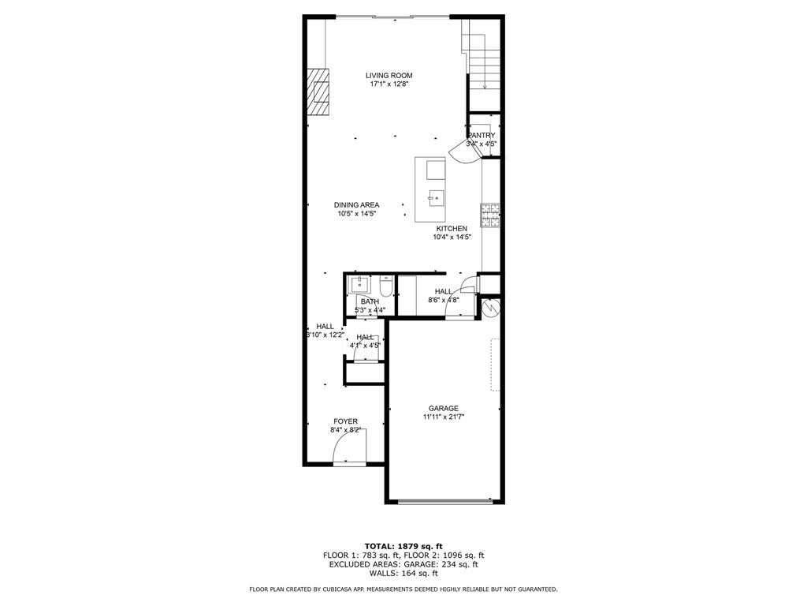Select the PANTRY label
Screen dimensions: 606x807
[481, 136]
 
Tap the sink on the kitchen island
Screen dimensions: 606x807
[436, 196]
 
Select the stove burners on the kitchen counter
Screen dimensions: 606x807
[491, 215]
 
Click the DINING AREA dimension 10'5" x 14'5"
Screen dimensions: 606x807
[356, 214]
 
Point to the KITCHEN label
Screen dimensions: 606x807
[452, 229]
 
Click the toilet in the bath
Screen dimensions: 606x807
[385, 286]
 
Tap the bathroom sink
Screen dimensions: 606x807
[360, 285]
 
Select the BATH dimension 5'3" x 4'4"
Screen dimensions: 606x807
[370, 310]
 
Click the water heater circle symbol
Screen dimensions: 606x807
[490, 307]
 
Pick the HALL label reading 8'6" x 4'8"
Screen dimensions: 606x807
[444, 300]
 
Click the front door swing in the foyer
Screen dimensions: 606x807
[347, 451]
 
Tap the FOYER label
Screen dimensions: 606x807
[345, 421]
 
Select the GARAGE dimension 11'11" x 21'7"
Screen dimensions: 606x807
[443, 417]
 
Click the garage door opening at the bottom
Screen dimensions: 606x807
[446, 500]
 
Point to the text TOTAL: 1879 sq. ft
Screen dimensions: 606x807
[403, 546]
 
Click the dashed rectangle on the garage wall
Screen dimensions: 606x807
[496, 365]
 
